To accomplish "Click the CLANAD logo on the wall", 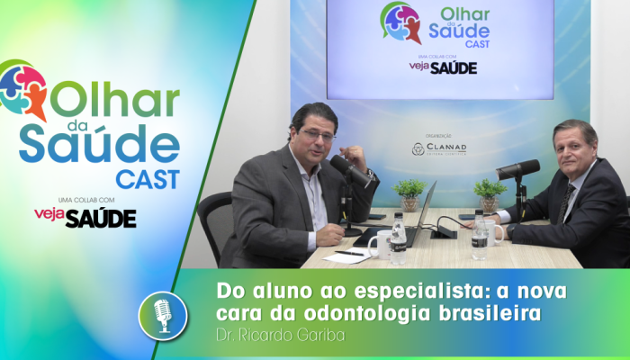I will click(439, 148).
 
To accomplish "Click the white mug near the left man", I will click(379, 243).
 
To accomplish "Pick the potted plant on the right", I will click(490, 193).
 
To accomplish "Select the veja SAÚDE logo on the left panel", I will click(85, 217).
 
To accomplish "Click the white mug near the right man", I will click(493, 233).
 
